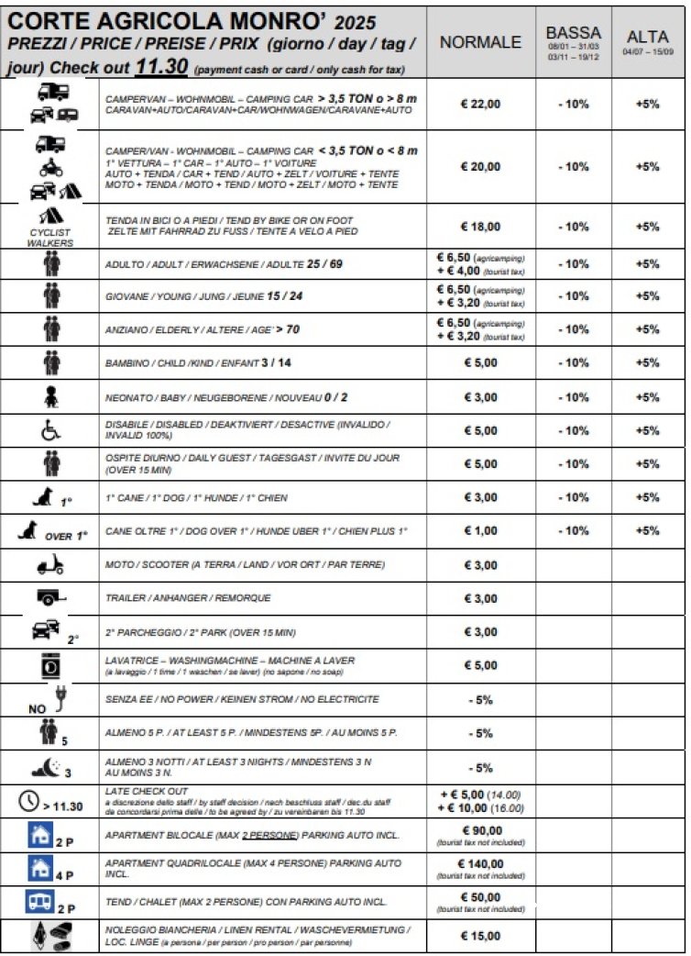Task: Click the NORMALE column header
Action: pos(480,42)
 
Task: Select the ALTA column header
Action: pos(647,36)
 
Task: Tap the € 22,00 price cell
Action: pos(480,104)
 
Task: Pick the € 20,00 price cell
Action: pos(480,166)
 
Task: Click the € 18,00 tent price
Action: pos(480,227)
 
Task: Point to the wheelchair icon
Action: pos(51,430)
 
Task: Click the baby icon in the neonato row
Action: pos(51,396)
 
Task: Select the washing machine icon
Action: pos(51,665)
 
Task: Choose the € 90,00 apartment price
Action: pos(480,828)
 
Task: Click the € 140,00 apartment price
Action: pos(480,862)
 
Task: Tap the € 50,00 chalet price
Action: pos(480,896)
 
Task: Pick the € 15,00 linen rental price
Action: pos(480,936)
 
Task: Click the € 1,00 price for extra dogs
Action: pos(480,531)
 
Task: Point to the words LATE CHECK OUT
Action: pos(146,791)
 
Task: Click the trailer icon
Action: pos(49,597)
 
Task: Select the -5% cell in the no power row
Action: pos(480,699)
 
